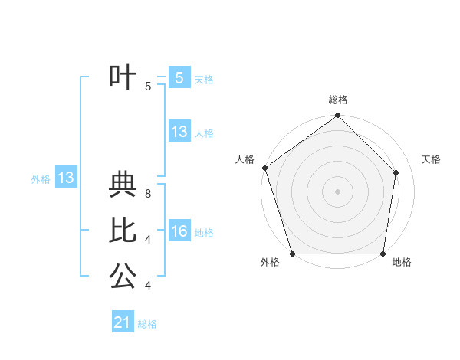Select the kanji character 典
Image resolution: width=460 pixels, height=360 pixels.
(x=123, y=185)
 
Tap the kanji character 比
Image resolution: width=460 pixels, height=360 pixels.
(x=123, y=230)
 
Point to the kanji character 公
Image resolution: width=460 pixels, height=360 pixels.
(x=123, y=276)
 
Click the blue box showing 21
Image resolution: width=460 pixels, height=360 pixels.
(x=123, y=322)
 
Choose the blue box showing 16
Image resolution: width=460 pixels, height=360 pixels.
(x=179, y=231)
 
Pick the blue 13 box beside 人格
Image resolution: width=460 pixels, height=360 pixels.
(x=179, y=132)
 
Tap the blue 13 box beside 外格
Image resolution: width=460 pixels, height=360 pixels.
(x=65, y=178)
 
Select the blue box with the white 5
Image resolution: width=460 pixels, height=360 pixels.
(x=179, y=77)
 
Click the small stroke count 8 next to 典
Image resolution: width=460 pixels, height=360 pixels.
(x=148, y=195)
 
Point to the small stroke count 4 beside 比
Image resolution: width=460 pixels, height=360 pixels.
(x=148, y=240)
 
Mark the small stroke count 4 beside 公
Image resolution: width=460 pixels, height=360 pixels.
(x=148, y=286)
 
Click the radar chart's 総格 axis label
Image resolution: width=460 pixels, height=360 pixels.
(x=338, y=100)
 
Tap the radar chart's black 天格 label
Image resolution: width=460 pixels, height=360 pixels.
(x=432, y=159)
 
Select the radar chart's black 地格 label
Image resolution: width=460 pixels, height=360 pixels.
(x=402, y=262)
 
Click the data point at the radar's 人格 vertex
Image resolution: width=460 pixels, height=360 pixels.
(x=264, y=168)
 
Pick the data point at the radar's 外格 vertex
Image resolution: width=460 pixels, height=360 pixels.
(x=292, y=254)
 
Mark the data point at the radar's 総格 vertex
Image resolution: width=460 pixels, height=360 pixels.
(x=338, y=116)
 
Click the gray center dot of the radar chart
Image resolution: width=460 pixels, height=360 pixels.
(x=338, y=191)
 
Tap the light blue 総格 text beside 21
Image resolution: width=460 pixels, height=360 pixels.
(x=147, y=324)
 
